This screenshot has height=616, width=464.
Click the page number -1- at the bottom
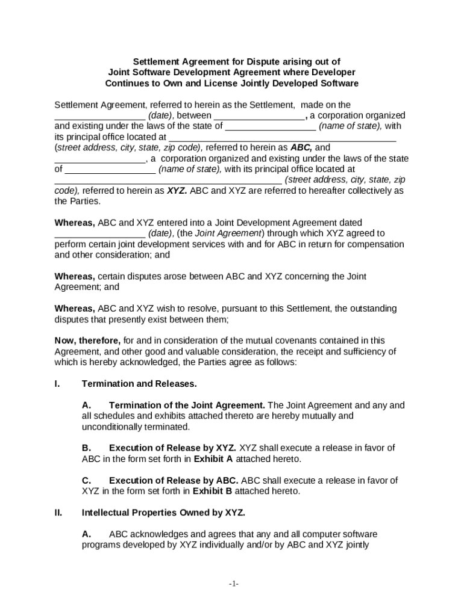coord(234,584)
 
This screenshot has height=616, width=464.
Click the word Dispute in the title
coord(256,61)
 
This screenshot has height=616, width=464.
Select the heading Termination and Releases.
coord(139,383)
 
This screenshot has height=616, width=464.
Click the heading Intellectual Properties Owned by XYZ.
coord(163,513)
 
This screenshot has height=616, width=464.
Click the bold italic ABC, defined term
coord(301,147)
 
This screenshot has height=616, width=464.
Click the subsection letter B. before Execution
coord(87,448)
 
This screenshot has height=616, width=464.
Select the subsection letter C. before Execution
coord(87,480)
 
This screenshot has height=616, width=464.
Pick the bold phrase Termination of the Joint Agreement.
coord(187,405)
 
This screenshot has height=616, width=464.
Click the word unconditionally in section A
coord(113,427)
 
